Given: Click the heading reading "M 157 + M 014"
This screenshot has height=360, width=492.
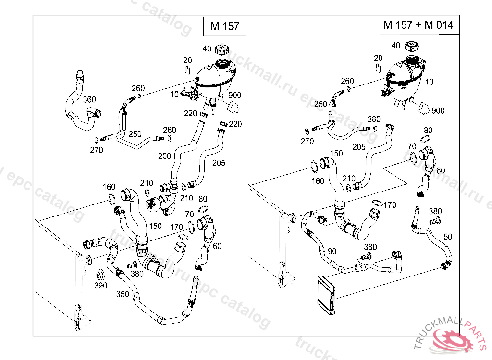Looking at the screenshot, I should click(418, 25).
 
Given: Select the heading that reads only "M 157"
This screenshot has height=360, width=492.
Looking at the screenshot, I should click(224, 26).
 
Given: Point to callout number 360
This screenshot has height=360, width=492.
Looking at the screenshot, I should click(89, 100).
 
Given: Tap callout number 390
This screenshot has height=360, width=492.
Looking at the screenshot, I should click(100, 286).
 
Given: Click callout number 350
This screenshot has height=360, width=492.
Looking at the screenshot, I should click(123, 294).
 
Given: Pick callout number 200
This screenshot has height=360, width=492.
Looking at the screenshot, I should click(164, 156).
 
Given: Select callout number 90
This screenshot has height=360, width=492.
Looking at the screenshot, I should click(332, 251).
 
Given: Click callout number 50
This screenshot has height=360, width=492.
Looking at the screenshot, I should click(448, 237).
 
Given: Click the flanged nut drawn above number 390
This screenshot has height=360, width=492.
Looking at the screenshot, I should click(100, 275).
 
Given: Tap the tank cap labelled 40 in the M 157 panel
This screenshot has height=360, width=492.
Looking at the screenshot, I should click(222, 49).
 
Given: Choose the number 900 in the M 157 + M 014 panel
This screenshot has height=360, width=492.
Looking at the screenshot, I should click(438, 110).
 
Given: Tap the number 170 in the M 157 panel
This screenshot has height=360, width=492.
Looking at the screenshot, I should click(176, 227).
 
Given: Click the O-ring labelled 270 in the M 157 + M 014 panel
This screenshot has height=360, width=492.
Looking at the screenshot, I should click(307, 130).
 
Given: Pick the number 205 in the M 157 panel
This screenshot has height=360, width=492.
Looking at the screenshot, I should click(219, 163).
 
